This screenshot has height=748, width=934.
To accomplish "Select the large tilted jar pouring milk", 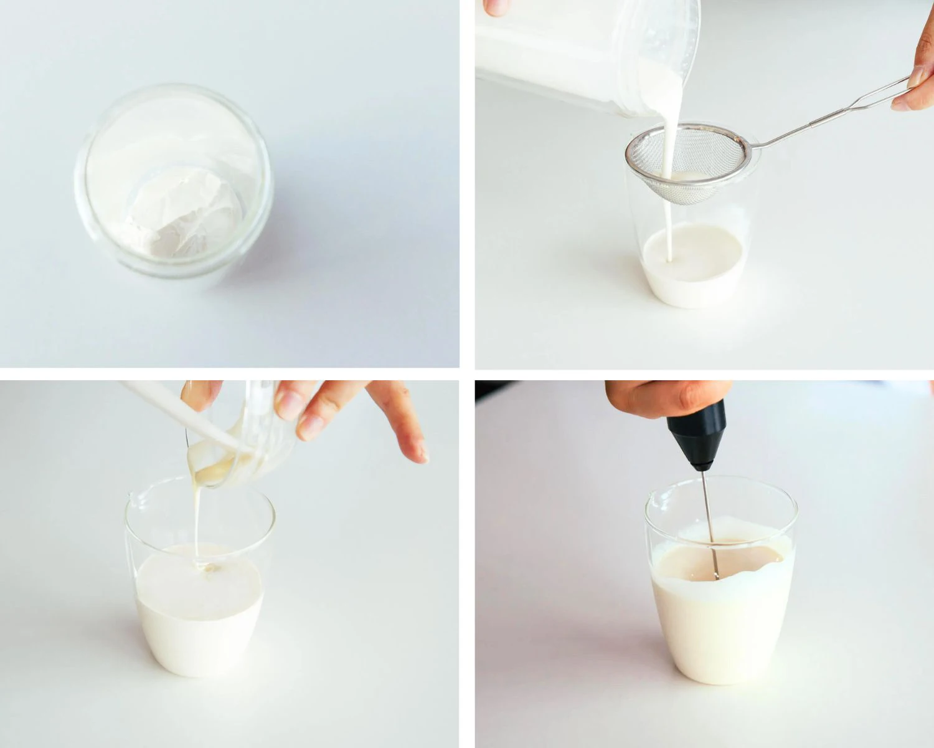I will tap(585, 50).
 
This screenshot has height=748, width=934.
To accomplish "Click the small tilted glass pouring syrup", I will tap(243, 436).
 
